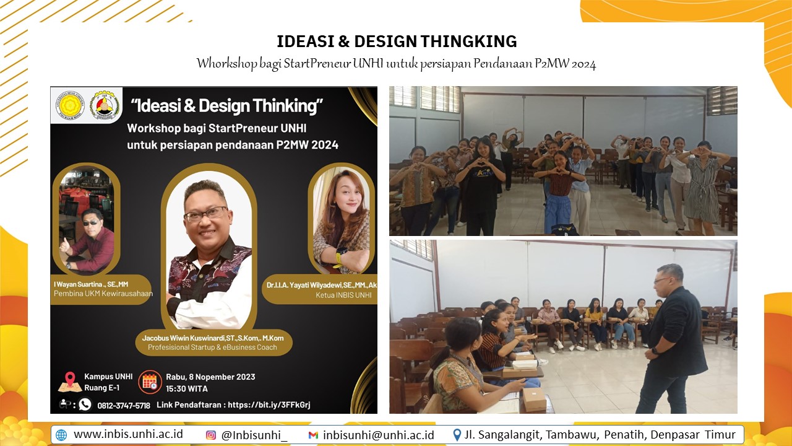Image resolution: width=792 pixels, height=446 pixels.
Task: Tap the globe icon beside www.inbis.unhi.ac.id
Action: pyautogui.click(x=61, y=435)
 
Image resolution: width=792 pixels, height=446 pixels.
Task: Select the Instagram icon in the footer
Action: pyautogui.click(x=211, y=435)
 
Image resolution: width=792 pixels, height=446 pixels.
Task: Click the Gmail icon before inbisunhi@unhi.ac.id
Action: pyautogui.click(x=313, y=435)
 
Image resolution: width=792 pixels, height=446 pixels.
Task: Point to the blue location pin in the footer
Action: pyautogui.click(x=457, y=435)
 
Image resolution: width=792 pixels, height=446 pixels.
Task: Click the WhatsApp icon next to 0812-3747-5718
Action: pyautogui.click(x=85, y=404)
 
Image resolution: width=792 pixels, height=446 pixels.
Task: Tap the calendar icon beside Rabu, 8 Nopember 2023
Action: pyautogui.click(x=150, y=382)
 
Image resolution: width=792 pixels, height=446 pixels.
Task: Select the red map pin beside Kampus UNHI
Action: pyautogui.click(x=70, y=379)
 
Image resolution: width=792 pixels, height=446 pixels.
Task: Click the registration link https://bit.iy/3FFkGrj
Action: pyautogui.click(x=269, y=404)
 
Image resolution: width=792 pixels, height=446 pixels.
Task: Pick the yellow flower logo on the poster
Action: pyautogui.click(x=70, y=105)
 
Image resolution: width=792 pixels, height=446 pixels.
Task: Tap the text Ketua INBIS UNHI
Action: pyautogui.click(x=343, y=295)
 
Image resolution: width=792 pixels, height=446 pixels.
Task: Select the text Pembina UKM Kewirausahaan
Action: pyautogui.click(x=103, y=294)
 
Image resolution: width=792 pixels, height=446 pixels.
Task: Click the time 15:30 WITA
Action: pyautogui.click(x=187, y=388)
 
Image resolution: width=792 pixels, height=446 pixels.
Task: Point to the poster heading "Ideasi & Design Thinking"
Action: pyautogui.click(x=226, y=106)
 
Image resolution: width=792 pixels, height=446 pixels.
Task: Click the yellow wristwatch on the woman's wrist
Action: pyautogui.click(x=340, y=256)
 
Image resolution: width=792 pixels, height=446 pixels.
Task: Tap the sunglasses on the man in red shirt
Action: pyautogui.click(x=91, y=222)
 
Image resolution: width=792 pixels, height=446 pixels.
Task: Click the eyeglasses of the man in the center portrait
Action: pyautogui.click(x=206, y=214)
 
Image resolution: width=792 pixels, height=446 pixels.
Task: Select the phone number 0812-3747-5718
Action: pyautogui.click(x=124, y=406)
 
